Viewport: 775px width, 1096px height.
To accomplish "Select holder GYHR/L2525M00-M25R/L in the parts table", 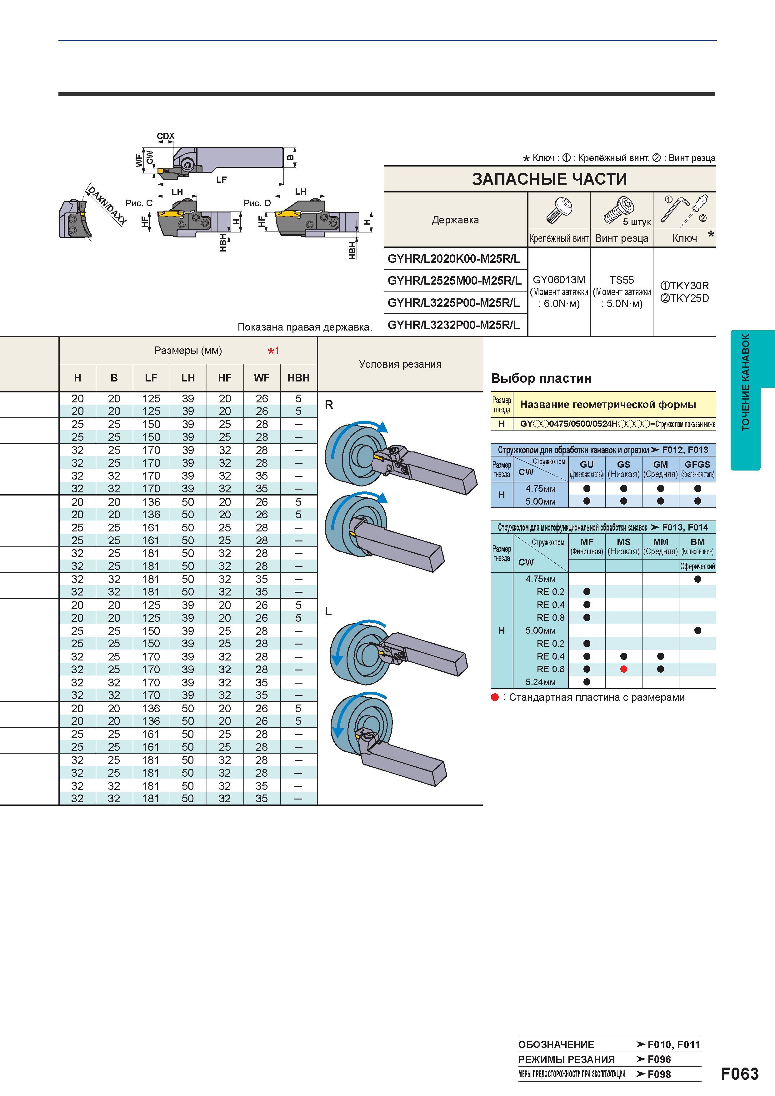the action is (x=454, y=281).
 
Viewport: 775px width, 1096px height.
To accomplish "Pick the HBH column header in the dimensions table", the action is (x=298, y=378).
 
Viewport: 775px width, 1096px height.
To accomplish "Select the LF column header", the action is (x=151, y=378).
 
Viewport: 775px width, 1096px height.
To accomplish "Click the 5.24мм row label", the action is (x=541, y=682).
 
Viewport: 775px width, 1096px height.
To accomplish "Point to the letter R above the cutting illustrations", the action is (x=328, y=405).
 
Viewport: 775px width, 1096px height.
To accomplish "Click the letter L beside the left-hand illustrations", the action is (x=328, y=611).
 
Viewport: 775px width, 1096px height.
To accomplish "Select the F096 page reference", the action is (x=659, y=1059).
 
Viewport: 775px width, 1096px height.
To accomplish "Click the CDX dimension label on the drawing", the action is (x=166, y=136).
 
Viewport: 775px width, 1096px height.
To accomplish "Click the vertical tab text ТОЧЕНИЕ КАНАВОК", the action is (x=745, y=382).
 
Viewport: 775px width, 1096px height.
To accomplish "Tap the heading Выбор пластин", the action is (x=541, y=379).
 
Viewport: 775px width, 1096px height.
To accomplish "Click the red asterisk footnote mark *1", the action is (x=274, y=351).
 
